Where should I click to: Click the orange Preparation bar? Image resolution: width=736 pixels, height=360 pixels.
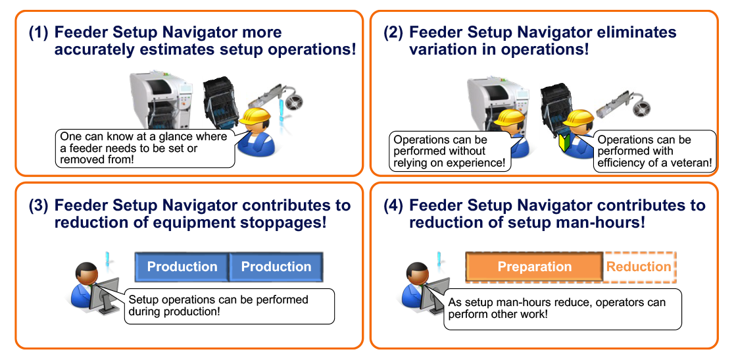(x=533, y=267)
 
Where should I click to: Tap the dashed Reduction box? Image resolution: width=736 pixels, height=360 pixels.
(x=639, y=267)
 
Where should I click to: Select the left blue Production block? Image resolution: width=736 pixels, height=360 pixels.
(x=182, y=267)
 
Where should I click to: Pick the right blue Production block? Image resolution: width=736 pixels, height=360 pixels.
(x=276, y=267)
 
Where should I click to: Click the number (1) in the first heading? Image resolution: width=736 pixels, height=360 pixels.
(x=38, y=32)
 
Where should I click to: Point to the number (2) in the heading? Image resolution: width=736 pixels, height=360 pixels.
(x=393, y=32)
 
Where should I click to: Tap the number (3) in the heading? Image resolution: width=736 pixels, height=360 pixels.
(x=38, y=205)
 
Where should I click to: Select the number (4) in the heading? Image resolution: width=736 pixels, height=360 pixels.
(x=393, y=205)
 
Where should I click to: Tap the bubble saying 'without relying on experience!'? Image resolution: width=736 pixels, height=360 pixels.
(x=451, y=151)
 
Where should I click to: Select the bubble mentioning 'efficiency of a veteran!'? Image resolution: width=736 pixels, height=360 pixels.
(x=654, y=152)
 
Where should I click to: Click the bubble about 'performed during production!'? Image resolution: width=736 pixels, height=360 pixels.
(x=227, y=305)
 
